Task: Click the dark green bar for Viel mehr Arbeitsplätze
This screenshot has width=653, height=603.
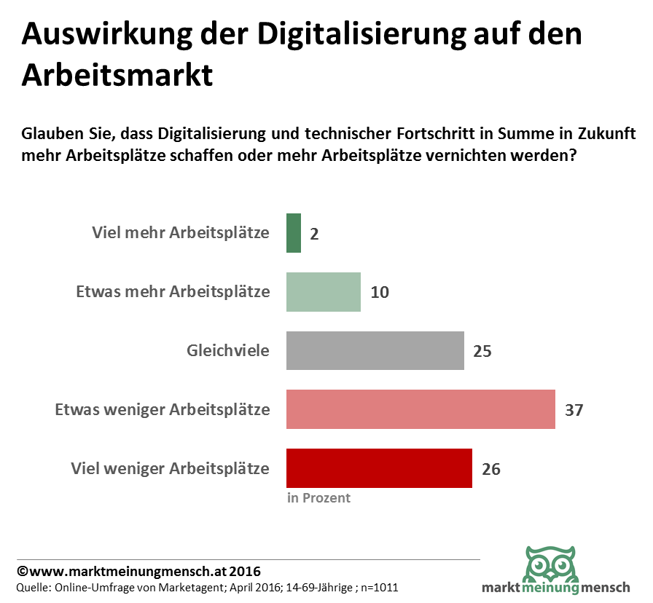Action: (294, 233)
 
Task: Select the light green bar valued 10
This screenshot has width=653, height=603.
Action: (324, 292)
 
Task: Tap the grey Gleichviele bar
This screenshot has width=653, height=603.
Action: (375, 351)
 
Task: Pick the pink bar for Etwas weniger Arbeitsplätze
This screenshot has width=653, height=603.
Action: (421, 409)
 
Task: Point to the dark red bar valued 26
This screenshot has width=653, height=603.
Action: (379, 468)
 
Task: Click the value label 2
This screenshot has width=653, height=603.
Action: (314, 234)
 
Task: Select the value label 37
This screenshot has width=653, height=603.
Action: (574, 410)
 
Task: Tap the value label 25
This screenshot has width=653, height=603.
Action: (482, 351)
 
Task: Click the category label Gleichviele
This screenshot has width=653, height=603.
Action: (227, 351)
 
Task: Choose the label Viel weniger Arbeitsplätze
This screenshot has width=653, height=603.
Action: (170, 468)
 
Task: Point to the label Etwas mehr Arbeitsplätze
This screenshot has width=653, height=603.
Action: (173, 292)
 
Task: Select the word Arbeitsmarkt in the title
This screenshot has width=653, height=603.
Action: (117, 74)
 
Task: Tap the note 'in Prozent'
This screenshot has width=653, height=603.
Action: (318, 498)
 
